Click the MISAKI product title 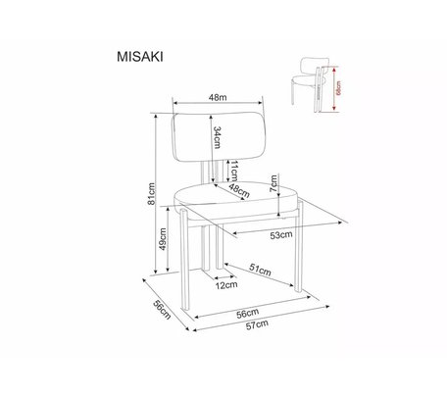point(140,57)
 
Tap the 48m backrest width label point(218,97)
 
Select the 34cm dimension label point(217,137)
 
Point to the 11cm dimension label point(233,171)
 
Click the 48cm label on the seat point(239,191)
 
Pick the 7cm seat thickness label point(273,183)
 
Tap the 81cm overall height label point(151,194)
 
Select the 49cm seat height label point(163,239)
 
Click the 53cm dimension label point(281,235)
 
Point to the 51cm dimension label point(261,270)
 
